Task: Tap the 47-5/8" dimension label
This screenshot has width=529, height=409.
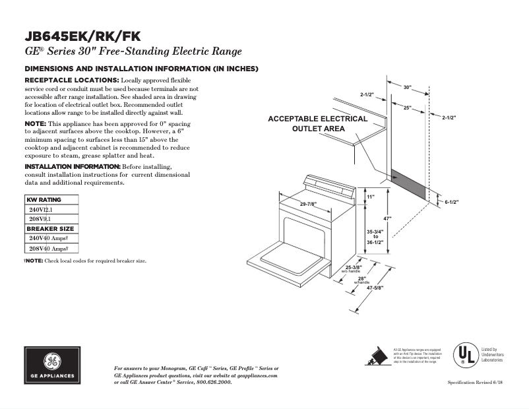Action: click(x=375, y=288)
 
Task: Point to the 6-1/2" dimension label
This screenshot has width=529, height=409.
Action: click(x=452, y=202)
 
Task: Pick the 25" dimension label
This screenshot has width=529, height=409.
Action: click(x=408, y=107)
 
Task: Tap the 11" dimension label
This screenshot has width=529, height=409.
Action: click(x=371, y=197)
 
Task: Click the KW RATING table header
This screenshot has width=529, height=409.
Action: click(x=44, y=199)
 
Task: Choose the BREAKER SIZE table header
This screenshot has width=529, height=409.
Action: click(x=50, y=228)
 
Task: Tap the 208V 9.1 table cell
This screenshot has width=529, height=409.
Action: click(x=40, y=218)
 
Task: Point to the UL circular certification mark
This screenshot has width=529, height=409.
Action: click(x=464, y=356)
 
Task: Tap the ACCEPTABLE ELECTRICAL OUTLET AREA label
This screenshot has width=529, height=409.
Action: click(x=317, y=123)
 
